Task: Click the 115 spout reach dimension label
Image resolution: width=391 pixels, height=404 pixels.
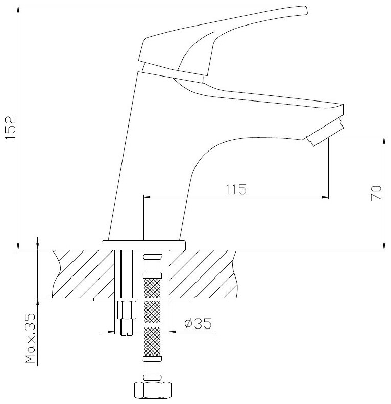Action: point(236,190)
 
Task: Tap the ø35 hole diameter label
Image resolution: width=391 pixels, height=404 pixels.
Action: point(196,323)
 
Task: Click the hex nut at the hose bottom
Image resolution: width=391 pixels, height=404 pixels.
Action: point(153,392)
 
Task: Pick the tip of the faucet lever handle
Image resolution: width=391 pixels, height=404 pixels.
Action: point(303,10)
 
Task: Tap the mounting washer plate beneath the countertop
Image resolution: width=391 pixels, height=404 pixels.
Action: point(142,299)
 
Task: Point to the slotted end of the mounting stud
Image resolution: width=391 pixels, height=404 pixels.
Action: point(126,334)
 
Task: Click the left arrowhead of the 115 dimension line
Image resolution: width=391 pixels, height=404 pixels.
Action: point(146,197)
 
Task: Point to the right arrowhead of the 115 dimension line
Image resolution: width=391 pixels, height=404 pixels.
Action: point(325,197)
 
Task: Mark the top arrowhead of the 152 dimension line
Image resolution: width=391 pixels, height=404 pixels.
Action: point(18,9)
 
